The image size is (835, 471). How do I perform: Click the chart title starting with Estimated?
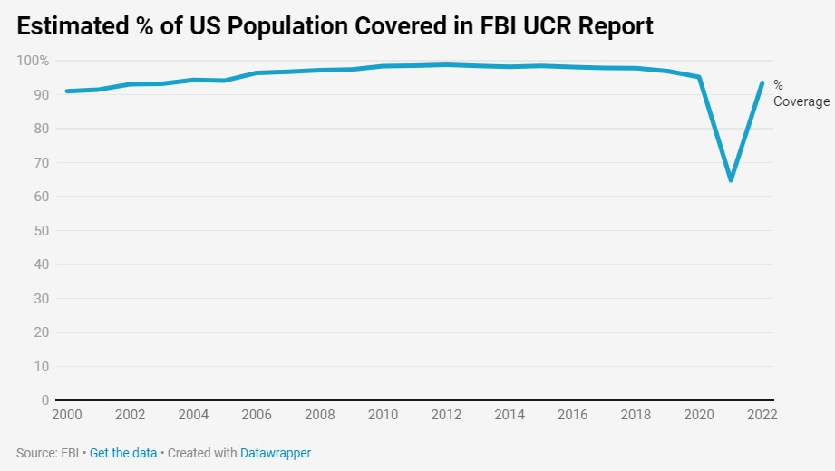coord(335,26)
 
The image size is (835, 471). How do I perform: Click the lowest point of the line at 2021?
coord(731,179)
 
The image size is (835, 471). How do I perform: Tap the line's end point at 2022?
coord(762,82)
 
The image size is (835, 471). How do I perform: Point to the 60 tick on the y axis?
coord(40,197)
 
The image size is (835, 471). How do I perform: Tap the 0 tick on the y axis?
coord(44,400)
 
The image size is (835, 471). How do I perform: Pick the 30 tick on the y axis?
coord(40,298)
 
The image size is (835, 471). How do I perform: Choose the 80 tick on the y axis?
coord(40,129)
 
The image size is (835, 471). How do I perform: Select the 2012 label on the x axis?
coord(446,415)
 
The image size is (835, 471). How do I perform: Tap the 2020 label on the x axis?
coord(699,415)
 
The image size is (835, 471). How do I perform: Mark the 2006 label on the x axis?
coord(256,415)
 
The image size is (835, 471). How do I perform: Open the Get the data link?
coord(123,452)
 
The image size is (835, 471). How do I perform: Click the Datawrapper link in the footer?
coord(276,452)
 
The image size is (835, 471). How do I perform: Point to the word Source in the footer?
coord(34,452)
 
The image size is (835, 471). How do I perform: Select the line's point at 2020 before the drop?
coord(699,77)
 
